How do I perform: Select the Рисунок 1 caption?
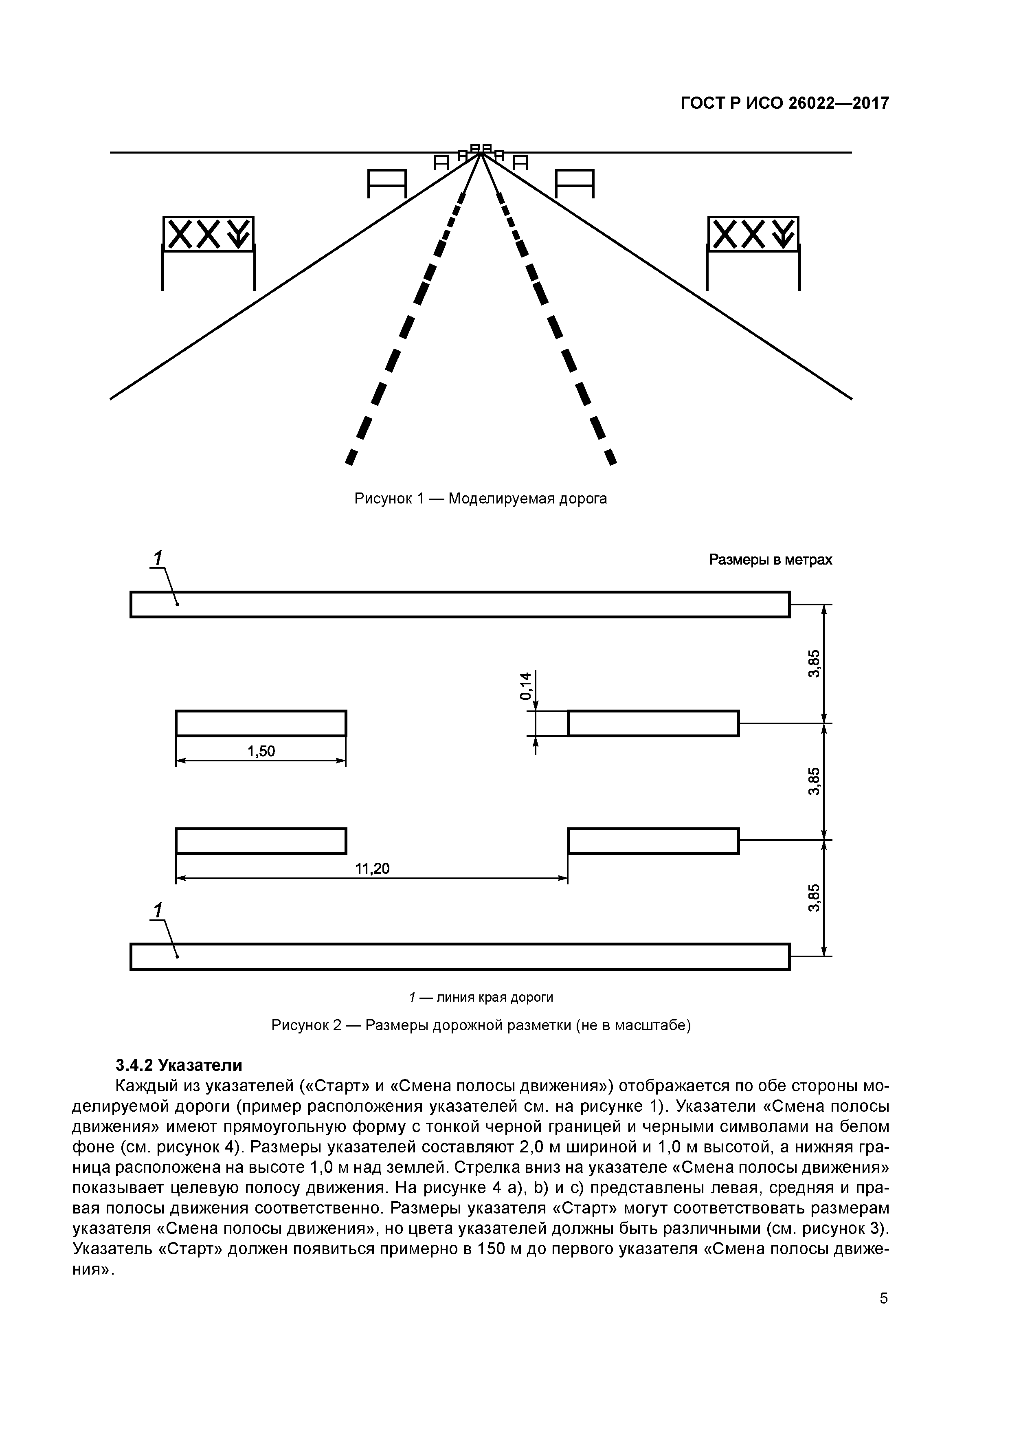click(x=481, y=499)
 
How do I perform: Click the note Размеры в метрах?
click(x=771, y=560)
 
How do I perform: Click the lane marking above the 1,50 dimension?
click(x=261, y=723)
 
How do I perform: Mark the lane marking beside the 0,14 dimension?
click(x=653, y=723)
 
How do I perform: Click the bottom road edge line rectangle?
click(x=460, y=956)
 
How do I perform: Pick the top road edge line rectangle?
click(x=460, y=605)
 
